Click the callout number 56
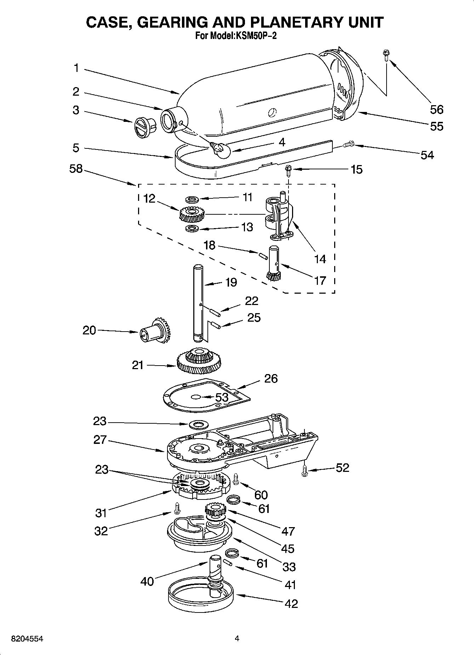tap(436, 109)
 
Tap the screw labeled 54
tap(348, 144)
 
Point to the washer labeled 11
tap(192, 199)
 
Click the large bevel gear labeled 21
tap(199, 361)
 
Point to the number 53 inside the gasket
tap(222, 397)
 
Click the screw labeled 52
tap(304, 471)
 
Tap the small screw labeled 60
tap(236, 479)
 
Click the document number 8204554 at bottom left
tap(28, 639)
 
